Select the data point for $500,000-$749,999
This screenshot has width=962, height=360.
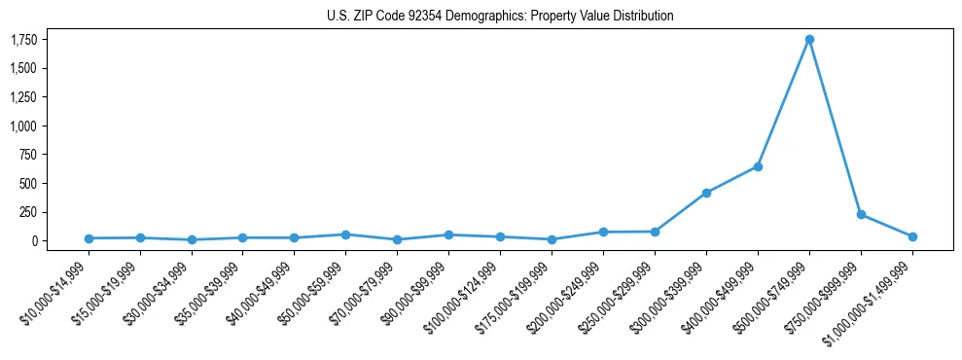(809, 40)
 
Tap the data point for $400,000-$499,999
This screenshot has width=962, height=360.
(758, 166)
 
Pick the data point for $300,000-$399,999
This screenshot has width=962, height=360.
(706, 193)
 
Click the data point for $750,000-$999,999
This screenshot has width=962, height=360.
(861, 214)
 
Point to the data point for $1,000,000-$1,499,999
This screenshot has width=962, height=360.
(912, 236)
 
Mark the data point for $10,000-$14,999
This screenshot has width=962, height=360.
(89, 238)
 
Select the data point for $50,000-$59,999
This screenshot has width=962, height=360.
(346, 234)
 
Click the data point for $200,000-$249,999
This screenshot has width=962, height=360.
(603, 232)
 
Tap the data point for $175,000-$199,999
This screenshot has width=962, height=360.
(552, 239)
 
